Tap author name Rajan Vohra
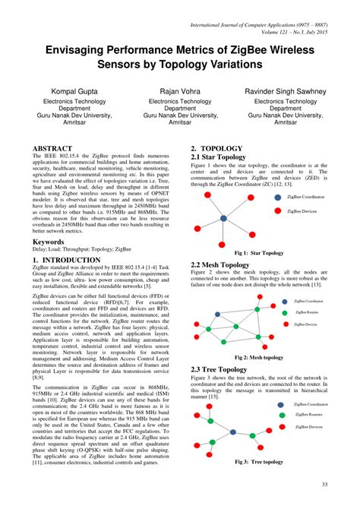(179, 91)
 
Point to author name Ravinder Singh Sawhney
(286, 91)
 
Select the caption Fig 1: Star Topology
(259, 253)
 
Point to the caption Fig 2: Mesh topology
(259, 357)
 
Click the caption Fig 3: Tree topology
(259, 461)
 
